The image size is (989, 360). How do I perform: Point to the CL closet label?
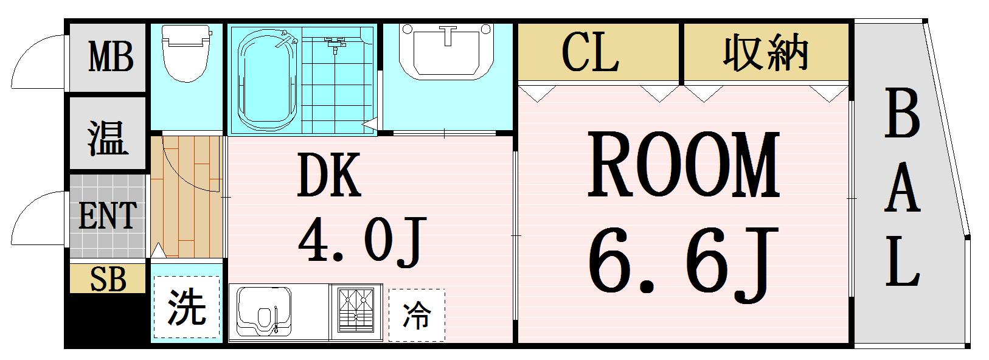(x=590, y=52)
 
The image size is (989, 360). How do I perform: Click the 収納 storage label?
(x=765, y=52)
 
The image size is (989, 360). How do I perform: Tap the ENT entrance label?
(x=108, y=216)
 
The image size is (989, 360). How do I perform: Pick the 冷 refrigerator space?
(x=417, y=315)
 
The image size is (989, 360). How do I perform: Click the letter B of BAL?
(x=901, y=114)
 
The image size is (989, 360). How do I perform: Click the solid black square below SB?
(x=106, y=319)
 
